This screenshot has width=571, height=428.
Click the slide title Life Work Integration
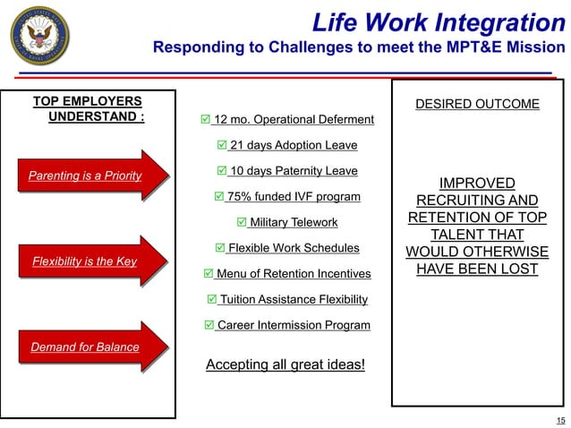point(439,22)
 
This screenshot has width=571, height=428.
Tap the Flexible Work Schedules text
point(294,248)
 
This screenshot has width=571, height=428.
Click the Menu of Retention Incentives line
point(293,273)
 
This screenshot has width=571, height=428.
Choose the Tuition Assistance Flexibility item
point(294,299)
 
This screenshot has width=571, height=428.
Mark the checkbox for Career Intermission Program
point(209,325)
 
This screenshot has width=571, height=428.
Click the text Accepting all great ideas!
point(285,364)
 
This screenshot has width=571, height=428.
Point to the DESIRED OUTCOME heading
point(477,105)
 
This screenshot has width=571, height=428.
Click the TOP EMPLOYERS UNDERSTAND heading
point(88,109)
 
